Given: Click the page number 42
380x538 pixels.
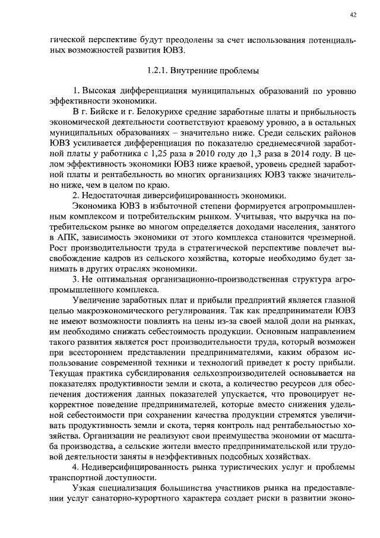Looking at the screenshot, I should tap(353, 16).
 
